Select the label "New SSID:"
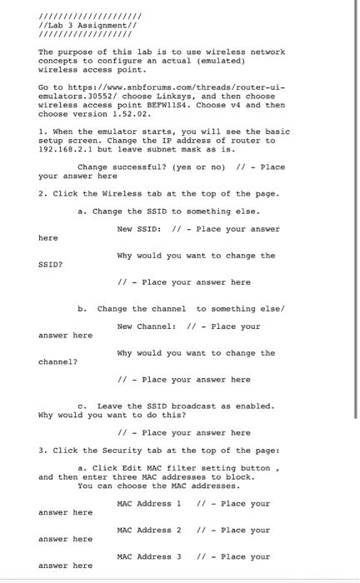(x=142, y=229)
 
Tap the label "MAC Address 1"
(x=149, y=503)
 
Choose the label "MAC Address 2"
(x=149, y=530)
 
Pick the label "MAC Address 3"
(x=149, y=556)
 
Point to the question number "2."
(x=42, y=194)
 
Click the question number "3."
(x=42, y=451)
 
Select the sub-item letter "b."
(x=82, y=309)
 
